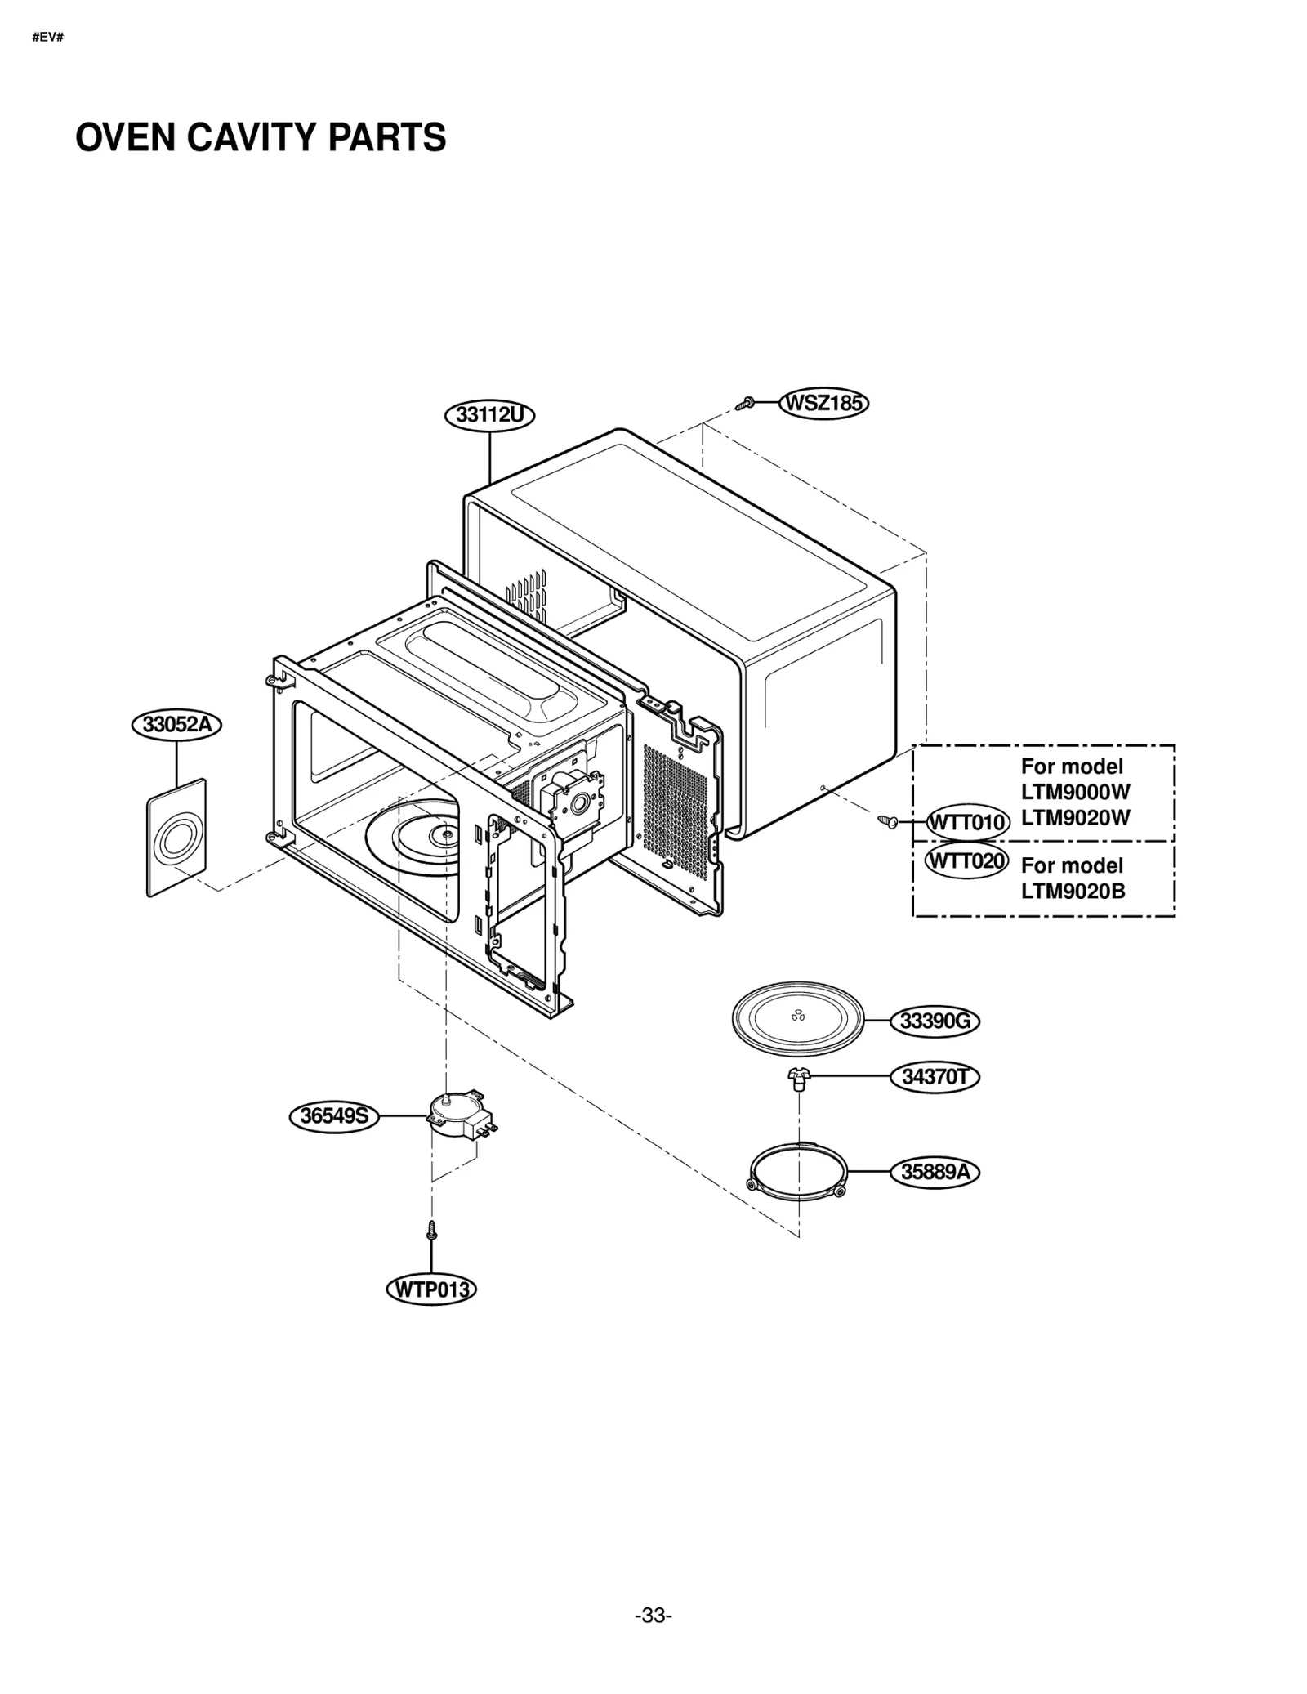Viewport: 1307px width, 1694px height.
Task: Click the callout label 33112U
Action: (488, 415)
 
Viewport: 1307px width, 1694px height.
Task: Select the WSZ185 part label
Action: (823, 404)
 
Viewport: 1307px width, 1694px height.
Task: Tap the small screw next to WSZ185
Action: (745, 403)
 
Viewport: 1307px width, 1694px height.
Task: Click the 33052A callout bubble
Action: (176, 725)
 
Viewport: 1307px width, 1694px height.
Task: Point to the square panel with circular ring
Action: (176, 838)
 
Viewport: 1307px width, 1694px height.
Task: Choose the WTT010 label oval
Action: (967, 822)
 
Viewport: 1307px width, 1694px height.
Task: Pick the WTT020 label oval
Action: (966, 861)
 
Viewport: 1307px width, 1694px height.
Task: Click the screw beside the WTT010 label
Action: (887, 820)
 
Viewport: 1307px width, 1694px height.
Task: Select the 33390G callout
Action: (935, 1021)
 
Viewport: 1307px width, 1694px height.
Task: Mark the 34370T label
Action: (935, 1077)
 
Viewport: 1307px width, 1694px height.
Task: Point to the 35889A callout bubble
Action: (935, 1173)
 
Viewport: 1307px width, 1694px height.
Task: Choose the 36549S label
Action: (334, 1116)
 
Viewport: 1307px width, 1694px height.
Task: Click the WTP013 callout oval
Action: (430, 1290)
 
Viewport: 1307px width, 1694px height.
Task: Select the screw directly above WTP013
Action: (431, 1230)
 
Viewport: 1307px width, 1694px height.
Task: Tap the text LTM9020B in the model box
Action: (1073, 891)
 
